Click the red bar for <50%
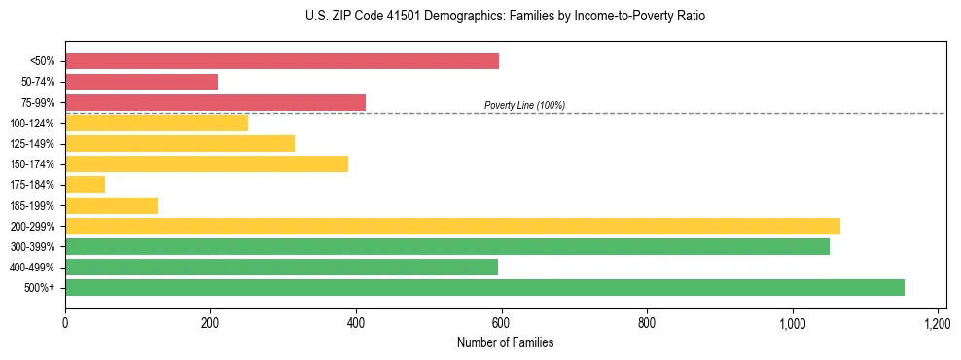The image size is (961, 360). [282, 61]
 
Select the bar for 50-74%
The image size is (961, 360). [141, 82]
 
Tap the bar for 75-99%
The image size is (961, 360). [215, 102]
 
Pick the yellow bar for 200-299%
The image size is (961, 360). [452, 226]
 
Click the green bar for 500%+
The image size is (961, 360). [484, 287]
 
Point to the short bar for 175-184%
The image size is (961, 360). [85, 185]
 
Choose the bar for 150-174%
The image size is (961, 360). [206, 163]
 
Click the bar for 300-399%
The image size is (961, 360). [447, 246]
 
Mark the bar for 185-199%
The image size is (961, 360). [111, 205]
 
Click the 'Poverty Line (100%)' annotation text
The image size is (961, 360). [524, 105]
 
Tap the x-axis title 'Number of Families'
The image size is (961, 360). [505, 342]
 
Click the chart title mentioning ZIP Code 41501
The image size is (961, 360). [505, 17]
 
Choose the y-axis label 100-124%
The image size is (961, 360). [32, 124]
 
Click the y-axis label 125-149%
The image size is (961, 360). [32, 144]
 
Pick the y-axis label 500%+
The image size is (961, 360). [39, 288]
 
